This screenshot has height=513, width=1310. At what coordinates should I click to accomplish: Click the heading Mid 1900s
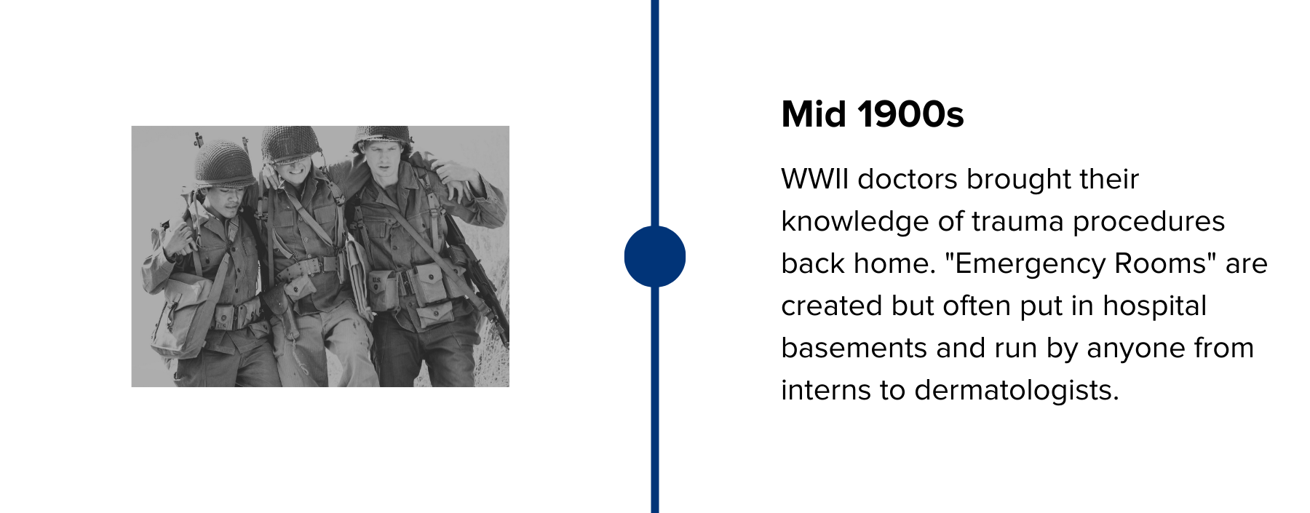(872, 114)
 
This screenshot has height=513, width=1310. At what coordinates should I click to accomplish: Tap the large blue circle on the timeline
(654, 256)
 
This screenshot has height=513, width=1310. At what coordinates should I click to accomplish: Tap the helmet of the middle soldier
(291, 143)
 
